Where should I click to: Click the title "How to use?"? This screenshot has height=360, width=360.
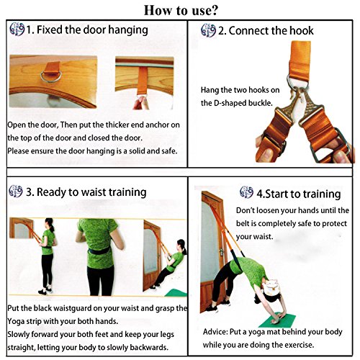(180, 10)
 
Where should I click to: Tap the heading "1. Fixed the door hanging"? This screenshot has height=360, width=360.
(88, 30)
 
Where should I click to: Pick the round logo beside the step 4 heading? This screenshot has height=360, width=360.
(247, 193)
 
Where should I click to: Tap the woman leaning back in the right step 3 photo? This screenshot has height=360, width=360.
(170, 266)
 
